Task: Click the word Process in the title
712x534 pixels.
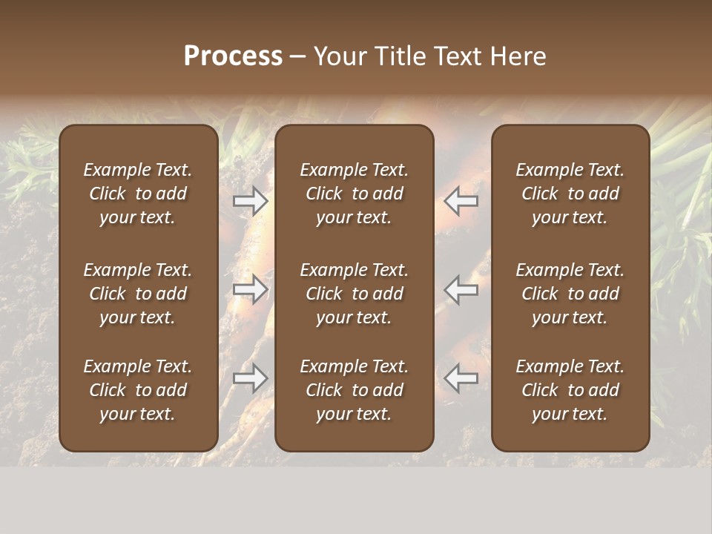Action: click(233, 56)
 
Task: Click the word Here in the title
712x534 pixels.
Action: click(519, 56)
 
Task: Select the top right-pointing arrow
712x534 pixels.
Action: click(251, 200)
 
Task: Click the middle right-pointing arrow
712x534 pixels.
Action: click(251, 289)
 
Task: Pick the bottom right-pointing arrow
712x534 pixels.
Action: click(251, 378)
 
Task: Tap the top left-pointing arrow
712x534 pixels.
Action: click(461, 200)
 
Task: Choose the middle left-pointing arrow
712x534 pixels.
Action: click(461, 289)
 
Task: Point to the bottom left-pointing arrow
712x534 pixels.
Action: click(461, 378)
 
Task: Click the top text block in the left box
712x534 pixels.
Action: click(138, 194)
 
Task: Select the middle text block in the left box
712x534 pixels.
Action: click(138, 294)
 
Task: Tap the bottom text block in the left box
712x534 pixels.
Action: click(138, 390)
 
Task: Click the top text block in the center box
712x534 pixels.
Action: click(355, 194)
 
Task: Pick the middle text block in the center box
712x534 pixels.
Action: click(355, 294)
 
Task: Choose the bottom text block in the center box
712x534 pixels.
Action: click(355, 390)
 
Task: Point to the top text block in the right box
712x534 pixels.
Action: click(570, 194)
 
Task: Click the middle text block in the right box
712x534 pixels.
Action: click(570, 294)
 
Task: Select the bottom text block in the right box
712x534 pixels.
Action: click(570, 390)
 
